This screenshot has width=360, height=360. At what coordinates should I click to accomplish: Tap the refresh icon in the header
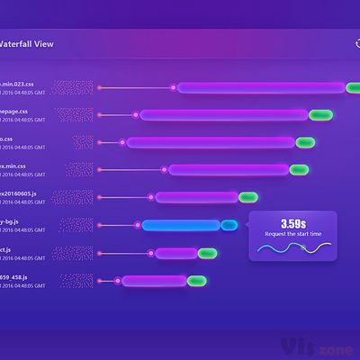(x=357, y=42)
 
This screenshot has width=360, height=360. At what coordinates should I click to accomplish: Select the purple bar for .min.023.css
(x=261, y=87)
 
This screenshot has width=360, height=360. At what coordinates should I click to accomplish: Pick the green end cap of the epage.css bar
(x=320, y=114)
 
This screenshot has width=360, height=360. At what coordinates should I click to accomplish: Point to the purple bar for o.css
(x=211, y=142)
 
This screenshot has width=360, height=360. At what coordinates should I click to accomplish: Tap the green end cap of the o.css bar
(x=306, y=142)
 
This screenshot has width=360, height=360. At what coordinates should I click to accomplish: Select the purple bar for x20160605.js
(x=196, y=197)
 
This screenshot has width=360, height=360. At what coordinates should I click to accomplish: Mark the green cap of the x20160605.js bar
(x=248, y=197)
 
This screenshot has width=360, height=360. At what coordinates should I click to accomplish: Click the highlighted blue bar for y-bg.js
(x=181, y=225)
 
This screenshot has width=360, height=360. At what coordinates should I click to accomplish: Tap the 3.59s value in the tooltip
(x=292, y=223)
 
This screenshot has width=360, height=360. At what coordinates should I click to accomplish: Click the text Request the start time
(x=292, y=236)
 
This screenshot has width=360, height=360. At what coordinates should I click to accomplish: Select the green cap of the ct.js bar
(x=208, y=253)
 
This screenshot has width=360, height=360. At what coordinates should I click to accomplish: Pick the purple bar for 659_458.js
(x=154, y=281)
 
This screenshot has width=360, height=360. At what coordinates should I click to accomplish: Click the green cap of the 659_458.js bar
(x=197, y=281)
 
